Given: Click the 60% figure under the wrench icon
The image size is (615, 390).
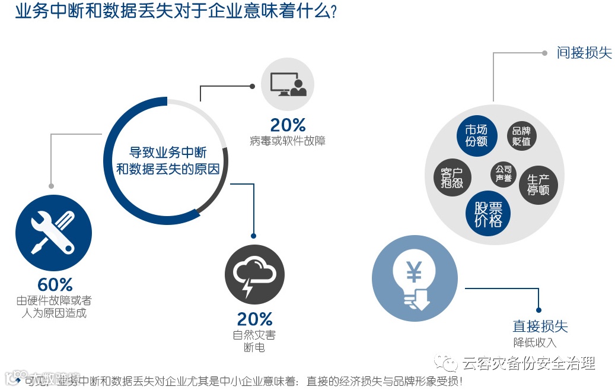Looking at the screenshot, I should click(x=55, y=284).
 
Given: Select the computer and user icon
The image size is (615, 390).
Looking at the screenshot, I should click(x=288, y=84).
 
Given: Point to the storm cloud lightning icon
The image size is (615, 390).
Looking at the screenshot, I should click(x=254, y=275).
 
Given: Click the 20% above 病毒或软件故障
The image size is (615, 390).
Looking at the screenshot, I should click(x=288, y=125).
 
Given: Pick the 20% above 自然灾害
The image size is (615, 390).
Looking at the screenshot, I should click(x=254, y=319).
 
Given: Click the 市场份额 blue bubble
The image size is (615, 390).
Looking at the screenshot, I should click(x=476, y=136).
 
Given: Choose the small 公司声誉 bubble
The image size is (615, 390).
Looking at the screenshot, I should click(x=503, y=173).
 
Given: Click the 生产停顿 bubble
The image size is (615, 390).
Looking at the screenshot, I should click(x=538, y=185).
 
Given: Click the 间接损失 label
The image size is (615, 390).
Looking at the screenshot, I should click(x=584, y=53).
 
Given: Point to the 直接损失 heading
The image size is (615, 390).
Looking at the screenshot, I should click(x=540, y=326).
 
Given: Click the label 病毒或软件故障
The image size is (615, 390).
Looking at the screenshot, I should click(x=288, y=141).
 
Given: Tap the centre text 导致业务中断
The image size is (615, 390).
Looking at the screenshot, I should click(x=168, y=153).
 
